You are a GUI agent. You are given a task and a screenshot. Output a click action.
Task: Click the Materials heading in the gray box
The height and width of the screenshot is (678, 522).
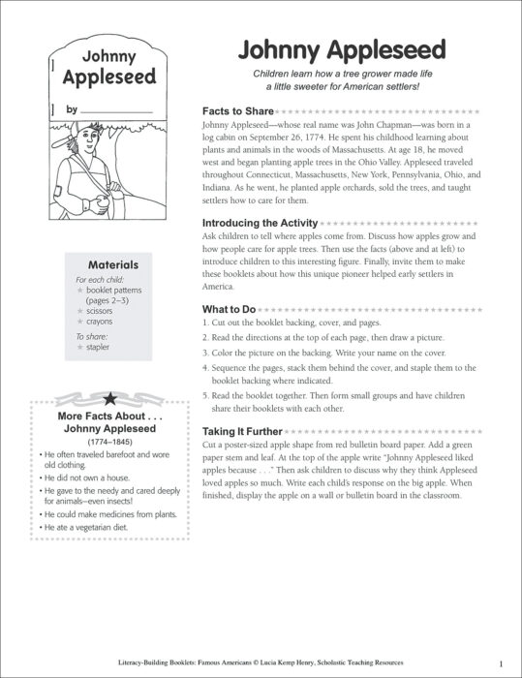click(112, 263)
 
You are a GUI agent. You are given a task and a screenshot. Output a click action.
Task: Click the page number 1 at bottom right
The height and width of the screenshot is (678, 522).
click(499, 663)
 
